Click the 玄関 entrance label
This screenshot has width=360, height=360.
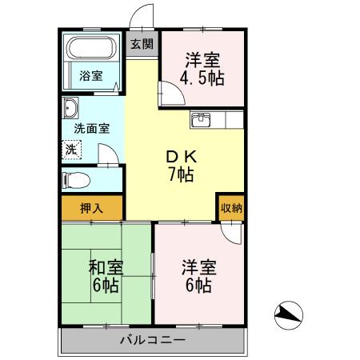point(143,45)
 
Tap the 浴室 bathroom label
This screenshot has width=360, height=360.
point(90,76)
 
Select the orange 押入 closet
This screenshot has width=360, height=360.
point(92,206)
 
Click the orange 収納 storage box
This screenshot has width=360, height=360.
point(231,206)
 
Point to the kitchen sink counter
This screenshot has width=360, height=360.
point(215,121)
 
